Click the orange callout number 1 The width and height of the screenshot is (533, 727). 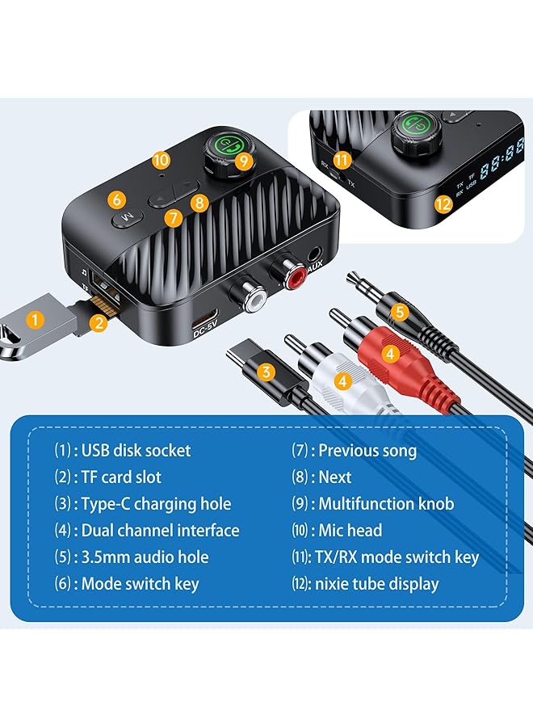(x=34, y=319)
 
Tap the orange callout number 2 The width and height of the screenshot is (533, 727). (x=99, y=324)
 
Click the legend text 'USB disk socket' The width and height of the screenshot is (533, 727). (x=136, y=451)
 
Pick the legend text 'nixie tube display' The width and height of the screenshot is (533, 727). (x=379, y=583)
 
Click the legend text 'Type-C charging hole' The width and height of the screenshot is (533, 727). (x=156, y=504)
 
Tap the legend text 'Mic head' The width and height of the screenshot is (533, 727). (x=350, y=531)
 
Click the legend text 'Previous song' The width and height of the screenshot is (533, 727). (x=367, y=451)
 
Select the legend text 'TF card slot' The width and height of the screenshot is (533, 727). (x=121, y=477)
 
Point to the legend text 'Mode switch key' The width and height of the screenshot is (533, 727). (x=140, y=583)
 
